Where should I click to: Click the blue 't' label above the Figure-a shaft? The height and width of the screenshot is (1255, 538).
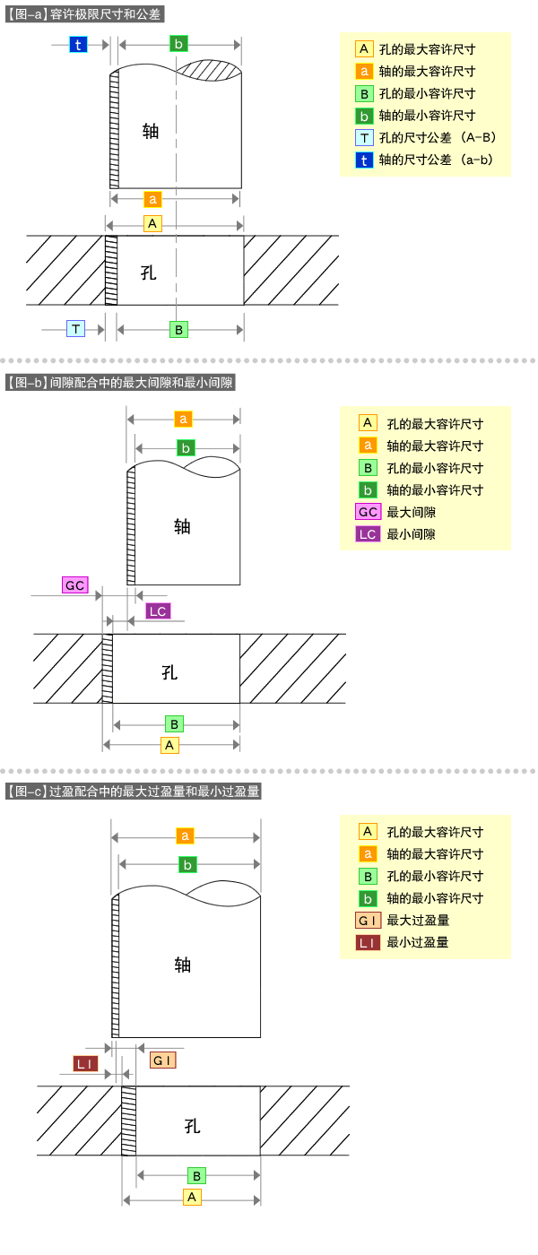(x=78, y=45)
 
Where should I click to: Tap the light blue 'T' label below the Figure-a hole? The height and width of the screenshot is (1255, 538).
(x=76, y=329)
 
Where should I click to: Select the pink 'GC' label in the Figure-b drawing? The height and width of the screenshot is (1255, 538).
(x=74, y=585)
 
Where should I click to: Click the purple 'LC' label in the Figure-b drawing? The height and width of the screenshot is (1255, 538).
(x=158, y=611)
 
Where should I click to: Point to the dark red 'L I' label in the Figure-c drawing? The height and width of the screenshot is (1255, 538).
(x=86, y=1063)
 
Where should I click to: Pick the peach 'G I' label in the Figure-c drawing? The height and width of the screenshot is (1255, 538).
(x=162, y=1060)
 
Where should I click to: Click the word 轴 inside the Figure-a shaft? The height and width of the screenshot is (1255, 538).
(x=151, y=131)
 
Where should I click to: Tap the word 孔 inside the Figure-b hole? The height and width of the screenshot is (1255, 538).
(x=169, y=672)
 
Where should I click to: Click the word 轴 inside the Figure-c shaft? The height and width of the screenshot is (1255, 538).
(x=183, y=965)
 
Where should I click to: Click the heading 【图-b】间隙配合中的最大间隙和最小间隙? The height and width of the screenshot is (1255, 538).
(x=119, y=383)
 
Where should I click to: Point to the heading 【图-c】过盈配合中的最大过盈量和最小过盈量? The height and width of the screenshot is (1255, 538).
(x=132, y=792)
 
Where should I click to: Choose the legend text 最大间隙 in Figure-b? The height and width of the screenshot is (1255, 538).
(x=411, y=512)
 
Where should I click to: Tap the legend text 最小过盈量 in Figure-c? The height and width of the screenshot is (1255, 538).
(x=417, y=942)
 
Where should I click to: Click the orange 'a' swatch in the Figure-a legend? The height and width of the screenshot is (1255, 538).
(x=364, y=71)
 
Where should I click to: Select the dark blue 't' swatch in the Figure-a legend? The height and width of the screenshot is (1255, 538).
(x=364, y=160)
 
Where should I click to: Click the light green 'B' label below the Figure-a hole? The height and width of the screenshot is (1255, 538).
(x=179, y=329)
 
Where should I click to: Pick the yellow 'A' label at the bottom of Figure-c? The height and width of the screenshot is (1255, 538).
(x=191, y=1197)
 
